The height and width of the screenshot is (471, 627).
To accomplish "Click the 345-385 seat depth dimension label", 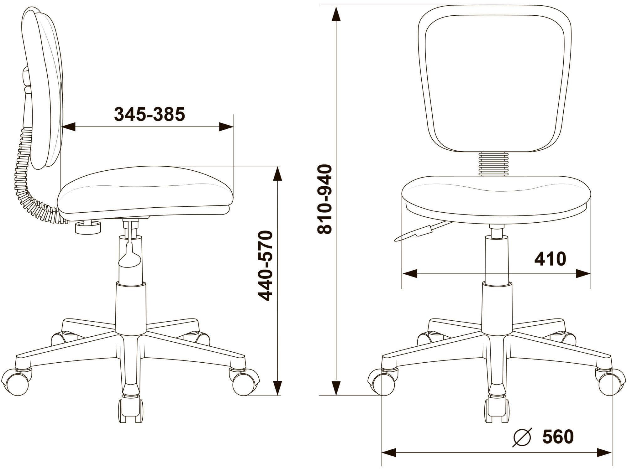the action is pos(150,114).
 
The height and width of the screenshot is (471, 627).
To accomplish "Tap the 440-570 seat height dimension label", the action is pos(265,266).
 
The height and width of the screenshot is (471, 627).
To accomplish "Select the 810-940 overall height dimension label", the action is pos(325,199).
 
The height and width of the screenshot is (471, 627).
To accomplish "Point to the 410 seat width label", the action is pos(550,259).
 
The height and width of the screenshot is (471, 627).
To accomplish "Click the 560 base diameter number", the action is pos(558,437).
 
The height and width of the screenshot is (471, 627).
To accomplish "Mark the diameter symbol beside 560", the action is pos(522,437).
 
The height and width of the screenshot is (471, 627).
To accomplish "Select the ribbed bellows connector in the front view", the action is pos(493,164).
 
